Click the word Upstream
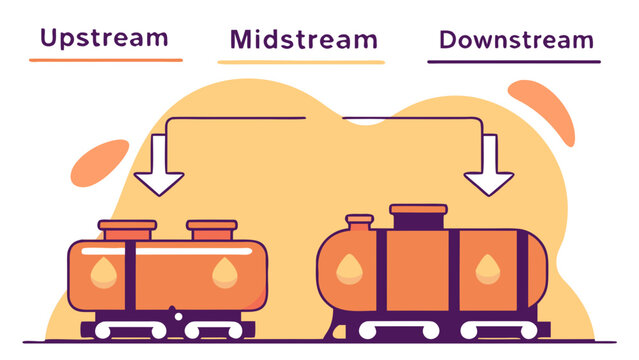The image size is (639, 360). pyautogui.click(x=103, y=39)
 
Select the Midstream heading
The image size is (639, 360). pyautogui.click(x=303, y=40)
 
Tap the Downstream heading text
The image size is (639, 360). pyautogui.click(x=516, y=41)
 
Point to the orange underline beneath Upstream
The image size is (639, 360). pyautogui.click(x=106, y=60)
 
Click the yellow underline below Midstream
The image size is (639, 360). pyautogui.click(x=301, y=62)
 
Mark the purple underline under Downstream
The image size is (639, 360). pyautogui.click(x=514, y=62)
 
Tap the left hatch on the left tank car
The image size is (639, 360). pyautogui.click(x=127, y=230)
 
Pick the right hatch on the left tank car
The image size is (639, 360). pyautogui.click(x=212, y=230)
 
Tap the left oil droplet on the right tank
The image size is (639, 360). pyautogui.click(x=349, y=265)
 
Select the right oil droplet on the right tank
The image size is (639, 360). pyautogui.click(x=486, y=266)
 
